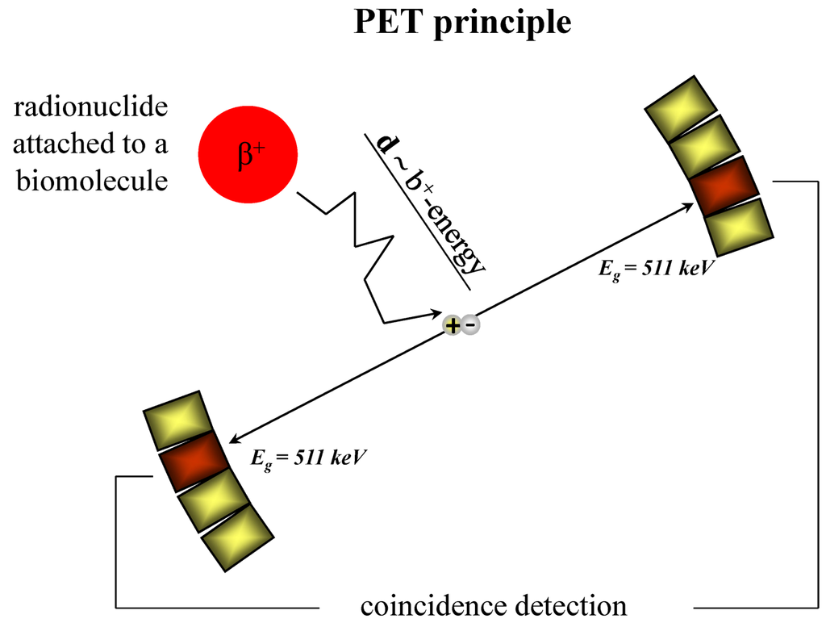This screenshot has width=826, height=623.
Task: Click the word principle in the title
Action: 501,24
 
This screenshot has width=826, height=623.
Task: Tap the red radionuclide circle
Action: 248,155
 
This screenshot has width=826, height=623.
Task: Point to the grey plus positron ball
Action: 453,325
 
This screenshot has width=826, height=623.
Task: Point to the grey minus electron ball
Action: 471,325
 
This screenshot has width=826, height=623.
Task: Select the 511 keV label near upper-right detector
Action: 653,269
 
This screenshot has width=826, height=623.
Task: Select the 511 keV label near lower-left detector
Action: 309,457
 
